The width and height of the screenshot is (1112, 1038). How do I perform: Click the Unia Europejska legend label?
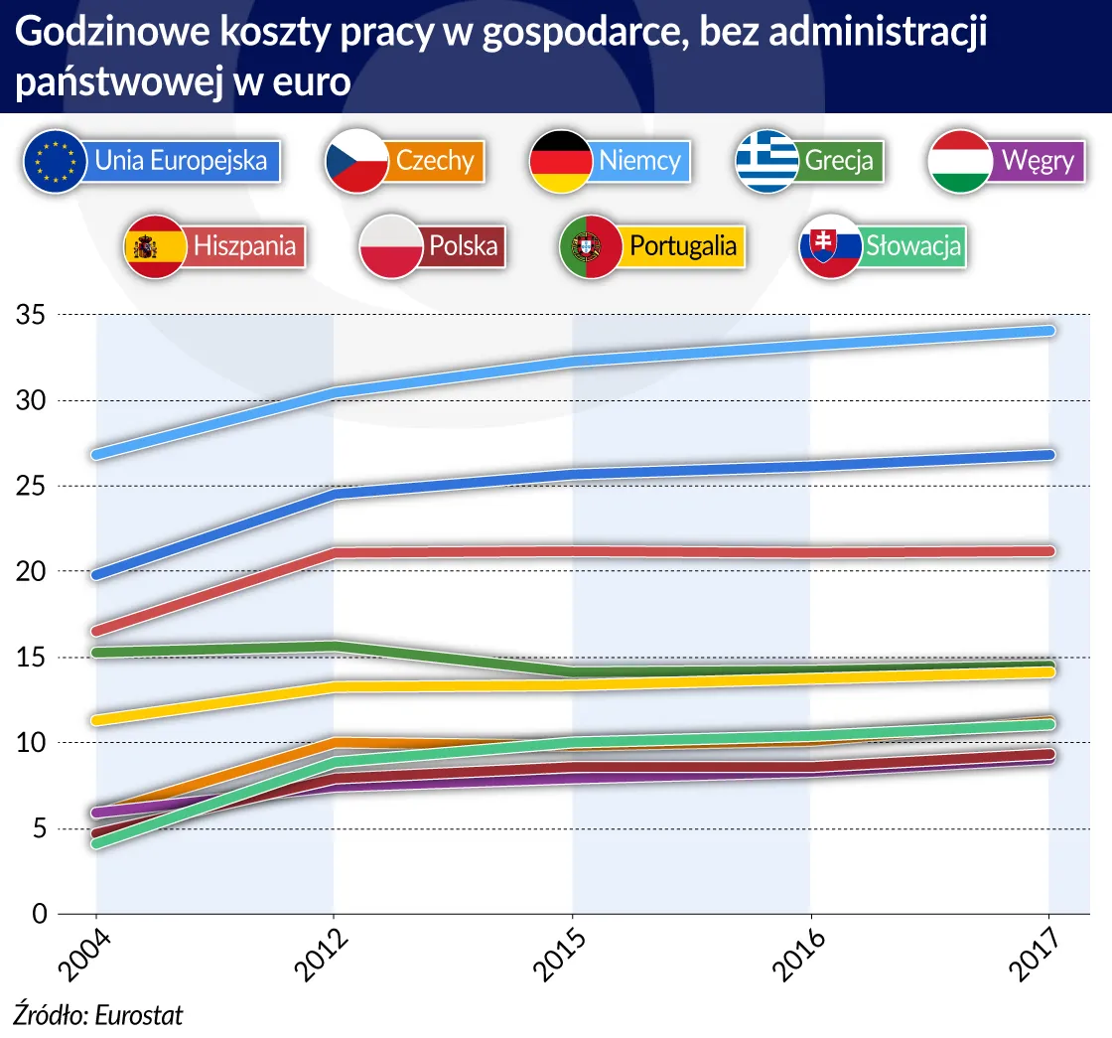(181, 160)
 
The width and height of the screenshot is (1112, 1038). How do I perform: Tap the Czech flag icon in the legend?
(356, 160)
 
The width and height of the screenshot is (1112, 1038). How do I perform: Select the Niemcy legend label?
(639, 160)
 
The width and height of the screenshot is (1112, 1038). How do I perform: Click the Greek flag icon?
(766, 160)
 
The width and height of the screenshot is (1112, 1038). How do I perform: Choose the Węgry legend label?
(1038, 160)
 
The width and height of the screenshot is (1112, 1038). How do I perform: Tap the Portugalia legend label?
(683, 244)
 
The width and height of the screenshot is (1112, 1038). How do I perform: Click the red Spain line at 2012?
(335, 552)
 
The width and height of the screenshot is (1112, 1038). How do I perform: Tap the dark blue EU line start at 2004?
(97, 574)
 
